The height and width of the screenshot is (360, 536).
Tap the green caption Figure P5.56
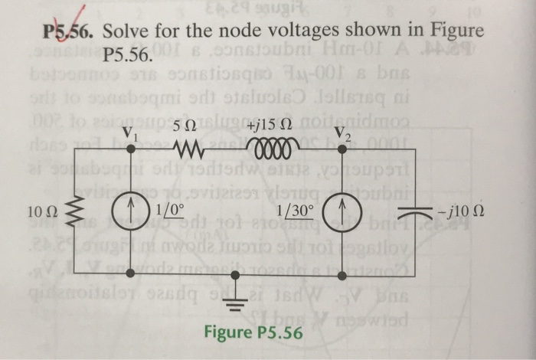253,333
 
